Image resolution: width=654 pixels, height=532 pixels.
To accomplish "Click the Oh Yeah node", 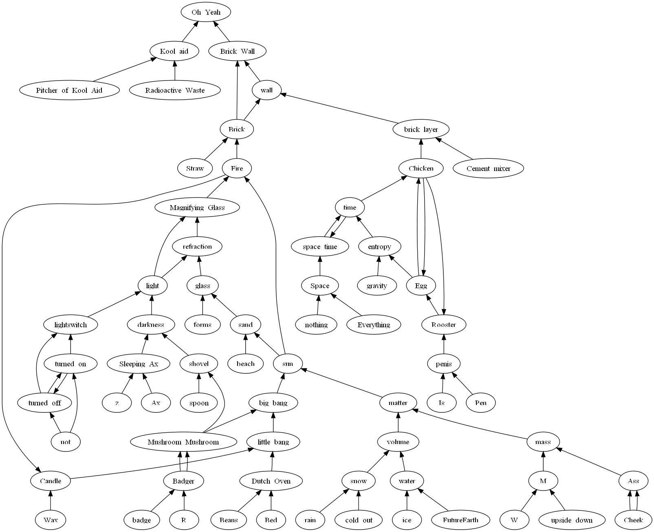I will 206,12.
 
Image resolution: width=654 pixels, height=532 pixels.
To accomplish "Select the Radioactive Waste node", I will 175,90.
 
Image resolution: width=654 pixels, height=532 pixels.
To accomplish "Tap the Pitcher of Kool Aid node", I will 69,90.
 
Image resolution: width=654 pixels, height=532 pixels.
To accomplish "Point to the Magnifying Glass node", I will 197,208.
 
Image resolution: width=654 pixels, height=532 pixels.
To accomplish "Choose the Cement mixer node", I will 488,169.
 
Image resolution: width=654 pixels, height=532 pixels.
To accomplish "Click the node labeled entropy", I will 379,247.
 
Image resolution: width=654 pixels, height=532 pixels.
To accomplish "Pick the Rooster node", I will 444,325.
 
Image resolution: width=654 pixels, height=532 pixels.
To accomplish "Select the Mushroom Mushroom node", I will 183,442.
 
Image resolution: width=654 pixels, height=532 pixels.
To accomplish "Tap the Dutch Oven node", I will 271,481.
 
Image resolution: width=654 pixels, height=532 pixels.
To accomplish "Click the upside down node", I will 572,520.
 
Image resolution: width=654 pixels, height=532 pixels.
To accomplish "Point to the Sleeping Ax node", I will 139,364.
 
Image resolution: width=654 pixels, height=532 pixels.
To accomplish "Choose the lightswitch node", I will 71,325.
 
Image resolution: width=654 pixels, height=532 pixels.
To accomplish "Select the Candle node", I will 51,481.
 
